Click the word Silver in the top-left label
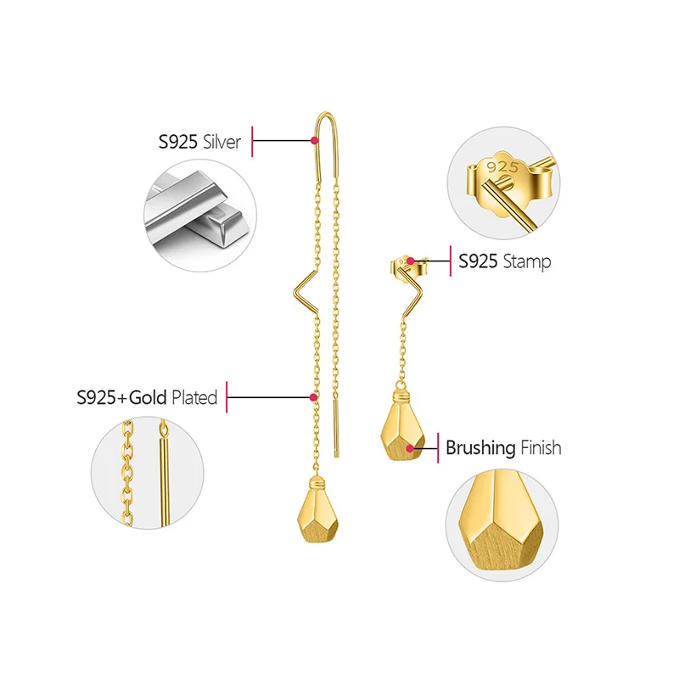click(222, 141)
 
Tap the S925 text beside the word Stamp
click(478, 261)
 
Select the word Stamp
click(526, 261)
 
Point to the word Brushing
click(480, 447)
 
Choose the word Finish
click(541, 447)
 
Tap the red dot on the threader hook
click(314, 141)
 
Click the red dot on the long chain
click(313, 396)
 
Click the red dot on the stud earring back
click(411, 261)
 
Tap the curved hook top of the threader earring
click(324, 119)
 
